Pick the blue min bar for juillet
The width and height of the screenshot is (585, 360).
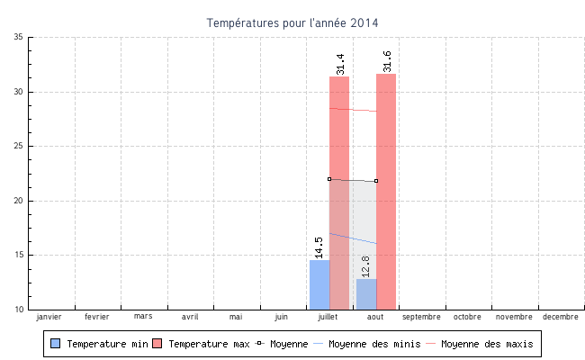[x=319, y=284]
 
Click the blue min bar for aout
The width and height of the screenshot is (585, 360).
[x=366, y=294]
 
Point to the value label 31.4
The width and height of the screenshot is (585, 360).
[x=340, y=63]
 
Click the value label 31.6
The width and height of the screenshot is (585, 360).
[x=387, y=61]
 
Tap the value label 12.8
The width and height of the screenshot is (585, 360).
[x=365, y=265]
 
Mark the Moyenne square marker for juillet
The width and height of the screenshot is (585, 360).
[x=329, y=179]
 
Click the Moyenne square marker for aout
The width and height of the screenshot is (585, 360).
[x=376, y=181]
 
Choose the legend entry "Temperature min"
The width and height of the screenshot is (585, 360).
[x=100, y=344]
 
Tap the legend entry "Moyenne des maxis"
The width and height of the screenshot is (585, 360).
[x=479, y=344]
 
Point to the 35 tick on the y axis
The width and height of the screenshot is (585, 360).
[x=18, y=37]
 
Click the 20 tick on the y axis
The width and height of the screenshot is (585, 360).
[x=18, y=201]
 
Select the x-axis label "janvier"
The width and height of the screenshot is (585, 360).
[x=49, y=317]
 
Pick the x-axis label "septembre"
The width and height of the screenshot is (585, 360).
[x=421, y=317]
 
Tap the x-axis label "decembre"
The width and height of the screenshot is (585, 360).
[x=561, y=317]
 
